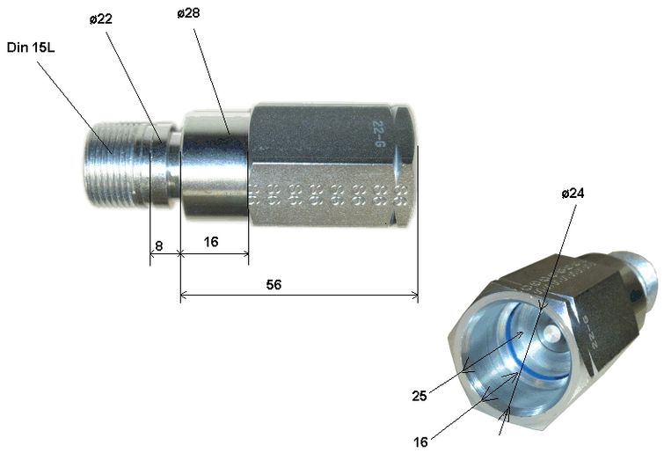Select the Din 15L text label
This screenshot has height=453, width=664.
point(30,47)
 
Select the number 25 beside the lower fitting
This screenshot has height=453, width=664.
point(420,397)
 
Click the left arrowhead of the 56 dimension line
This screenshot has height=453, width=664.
point(184,296)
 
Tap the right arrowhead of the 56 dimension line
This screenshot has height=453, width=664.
point(414,296)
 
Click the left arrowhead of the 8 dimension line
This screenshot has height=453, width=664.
point(153,253)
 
